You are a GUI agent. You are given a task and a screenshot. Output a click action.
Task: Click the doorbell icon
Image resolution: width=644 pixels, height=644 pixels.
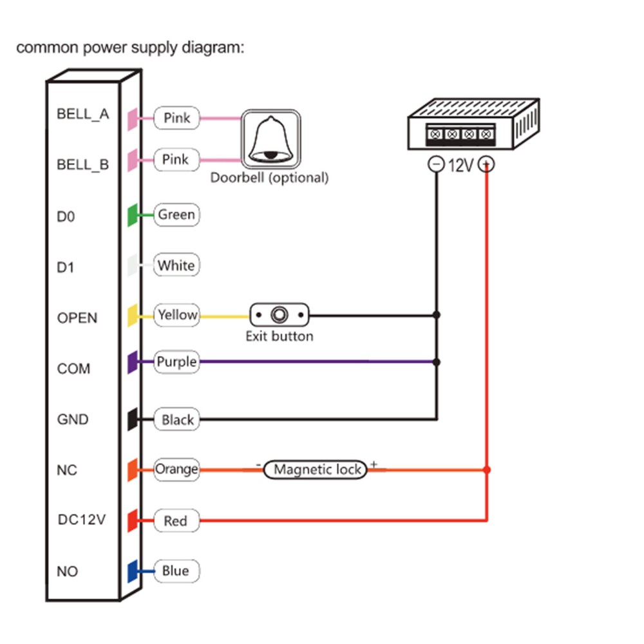(271, 138)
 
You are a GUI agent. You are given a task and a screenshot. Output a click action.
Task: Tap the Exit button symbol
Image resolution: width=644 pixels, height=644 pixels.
(279, 316)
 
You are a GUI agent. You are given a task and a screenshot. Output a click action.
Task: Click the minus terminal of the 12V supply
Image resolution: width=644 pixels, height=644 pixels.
(437, 165)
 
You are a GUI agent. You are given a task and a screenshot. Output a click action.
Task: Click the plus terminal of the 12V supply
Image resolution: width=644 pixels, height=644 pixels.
(488, 165)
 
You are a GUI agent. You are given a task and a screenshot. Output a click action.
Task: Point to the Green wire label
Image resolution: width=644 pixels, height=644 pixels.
(176, 214)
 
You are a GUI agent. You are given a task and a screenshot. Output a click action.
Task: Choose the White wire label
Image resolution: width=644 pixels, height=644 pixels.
(176, 265)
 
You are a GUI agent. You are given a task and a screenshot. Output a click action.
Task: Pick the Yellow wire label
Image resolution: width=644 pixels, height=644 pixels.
(176, 315)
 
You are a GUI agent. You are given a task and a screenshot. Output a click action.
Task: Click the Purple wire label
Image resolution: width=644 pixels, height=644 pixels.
(176, 362)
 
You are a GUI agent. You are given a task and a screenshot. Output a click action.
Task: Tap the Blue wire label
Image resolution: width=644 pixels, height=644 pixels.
(176, 571)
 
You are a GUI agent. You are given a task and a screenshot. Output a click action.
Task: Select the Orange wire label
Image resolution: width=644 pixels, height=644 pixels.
(176, 469)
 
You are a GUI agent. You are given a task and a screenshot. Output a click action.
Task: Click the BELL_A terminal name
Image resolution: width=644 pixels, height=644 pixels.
(83, 115)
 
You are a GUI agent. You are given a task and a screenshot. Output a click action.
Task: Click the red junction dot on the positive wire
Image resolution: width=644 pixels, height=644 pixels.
(487, 470)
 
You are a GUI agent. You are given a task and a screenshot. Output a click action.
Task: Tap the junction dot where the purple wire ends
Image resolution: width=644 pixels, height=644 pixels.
(437, 362)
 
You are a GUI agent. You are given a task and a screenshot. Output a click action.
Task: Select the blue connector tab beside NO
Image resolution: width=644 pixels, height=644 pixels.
(131, 571)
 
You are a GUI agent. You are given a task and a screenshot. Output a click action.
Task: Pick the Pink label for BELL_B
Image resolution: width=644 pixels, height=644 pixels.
(176, 159)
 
